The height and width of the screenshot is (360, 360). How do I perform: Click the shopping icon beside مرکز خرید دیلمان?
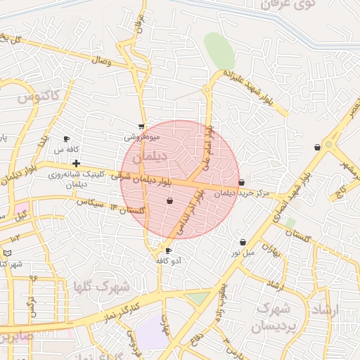(x=242, y=182)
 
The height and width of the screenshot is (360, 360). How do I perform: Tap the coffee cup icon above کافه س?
(x=67, y=139)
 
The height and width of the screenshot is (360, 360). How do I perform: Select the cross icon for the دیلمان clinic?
(x=76, y=163)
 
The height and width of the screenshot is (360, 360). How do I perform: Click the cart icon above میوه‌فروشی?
(x=141, y=127)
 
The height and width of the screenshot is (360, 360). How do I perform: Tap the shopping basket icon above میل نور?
(x=243, y=241)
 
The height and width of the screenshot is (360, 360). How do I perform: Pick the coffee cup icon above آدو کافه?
(x=167, y=250)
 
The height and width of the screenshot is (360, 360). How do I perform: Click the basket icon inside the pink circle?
(x=169, y=201)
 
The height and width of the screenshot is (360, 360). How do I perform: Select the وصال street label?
(x=101, y=62)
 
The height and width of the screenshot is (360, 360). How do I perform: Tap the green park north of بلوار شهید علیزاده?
(x=219, y=49)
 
